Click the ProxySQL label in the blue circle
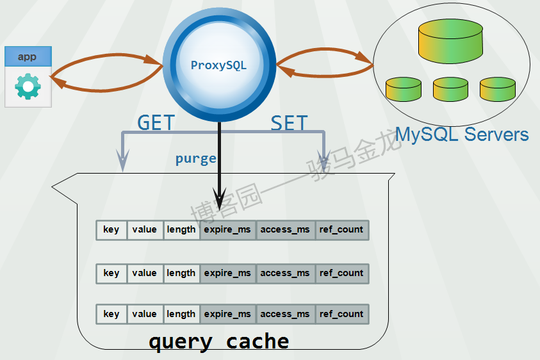pyautogui.click(x=218, y=65)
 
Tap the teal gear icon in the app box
pyautogui.click(x=28, y=86)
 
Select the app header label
pyautogui.click(x=28, y=56)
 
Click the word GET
pyautogui.click(x=156, y=122)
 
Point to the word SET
pyautogui.click(x=289, y=123)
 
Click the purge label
pyautogui.click(x=195, y=158)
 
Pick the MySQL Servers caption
pyautogui.click(x=462, y=135)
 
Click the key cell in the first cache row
pyautogui.click(x=111, y=230)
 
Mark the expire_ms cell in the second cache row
pyautogui.click(x=227, y=274)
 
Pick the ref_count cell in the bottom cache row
pyautogui.click(x=341, y=315)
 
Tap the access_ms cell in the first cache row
pyautogui.click(x=285, y=230)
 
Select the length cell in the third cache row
pyautogui.click(x=181, y=315)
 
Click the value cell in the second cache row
pyautogui.click(x=145, y=274)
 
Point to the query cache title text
pyautogui.click(x=218, y=341)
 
